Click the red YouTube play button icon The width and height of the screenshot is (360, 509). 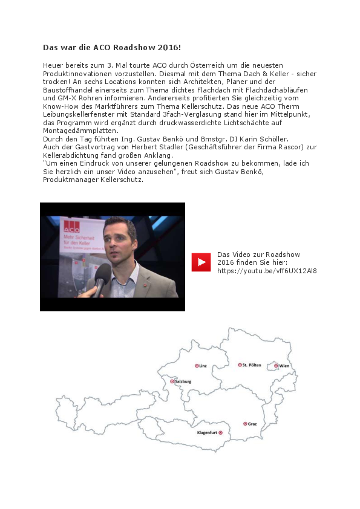coord(201,262)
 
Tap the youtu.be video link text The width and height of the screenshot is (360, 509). coord(267,271)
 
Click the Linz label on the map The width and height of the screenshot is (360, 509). coord(203,366)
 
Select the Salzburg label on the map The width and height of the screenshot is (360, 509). coord(183,381)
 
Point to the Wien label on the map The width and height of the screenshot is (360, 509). coord(284,366)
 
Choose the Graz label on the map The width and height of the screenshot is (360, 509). coord(252,424)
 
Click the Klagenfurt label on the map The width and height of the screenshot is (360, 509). coord(207,433)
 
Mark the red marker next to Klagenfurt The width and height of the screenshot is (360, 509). coord(221,433)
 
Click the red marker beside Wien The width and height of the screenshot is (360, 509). coord(276,366)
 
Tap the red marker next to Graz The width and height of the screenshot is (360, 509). coord(244,424)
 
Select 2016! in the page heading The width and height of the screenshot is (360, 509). coord(168,47)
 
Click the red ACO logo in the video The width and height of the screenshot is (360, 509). coord(72,226)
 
